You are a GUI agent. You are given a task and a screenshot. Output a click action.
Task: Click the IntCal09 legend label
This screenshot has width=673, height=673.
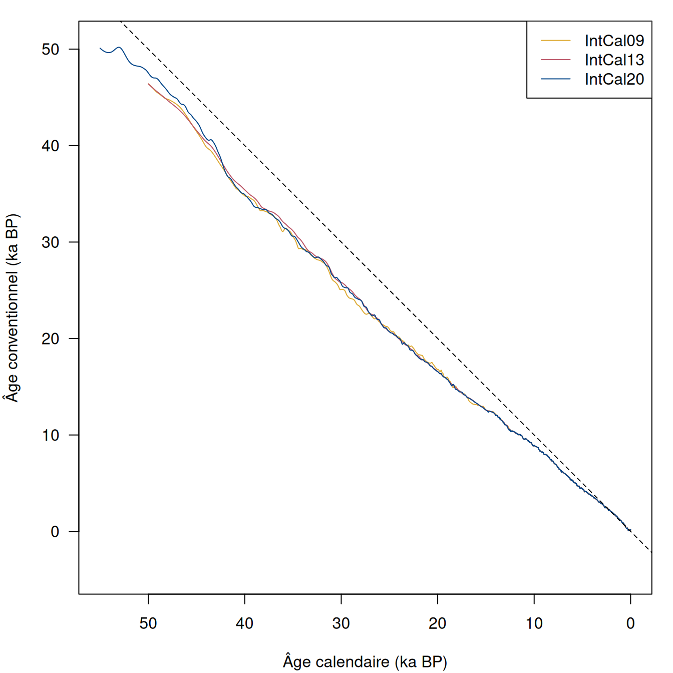coord(614,41)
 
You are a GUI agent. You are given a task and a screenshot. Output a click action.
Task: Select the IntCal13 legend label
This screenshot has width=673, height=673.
coord(614,60)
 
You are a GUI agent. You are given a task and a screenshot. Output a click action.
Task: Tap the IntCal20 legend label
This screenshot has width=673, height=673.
coord(614,79)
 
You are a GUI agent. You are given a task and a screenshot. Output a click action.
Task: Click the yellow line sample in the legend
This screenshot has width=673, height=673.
coord(556,41)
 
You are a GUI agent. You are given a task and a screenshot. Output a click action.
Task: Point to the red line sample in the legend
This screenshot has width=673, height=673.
coord(556,60)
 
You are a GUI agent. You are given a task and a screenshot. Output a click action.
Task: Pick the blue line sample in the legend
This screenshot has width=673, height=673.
coord(556,79)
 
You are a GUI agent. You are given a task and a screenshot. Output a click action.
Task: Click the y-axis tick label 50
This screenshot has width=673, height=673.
coord(51,49)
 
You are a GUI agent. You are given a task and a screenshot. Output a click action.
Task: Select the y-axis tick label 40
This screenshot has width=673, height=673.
coord(51,146)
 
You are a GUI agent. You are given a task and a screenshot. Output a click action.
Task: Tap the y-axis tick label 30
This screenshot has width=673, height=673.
coord(51,242)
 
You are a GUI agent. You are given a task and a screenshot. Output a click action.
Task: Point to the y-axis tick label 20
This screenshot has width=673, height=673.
coord(51,339)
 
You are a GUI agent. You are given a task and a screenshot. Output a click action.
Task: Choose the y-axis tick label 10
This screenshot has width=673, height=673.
coord(51,435)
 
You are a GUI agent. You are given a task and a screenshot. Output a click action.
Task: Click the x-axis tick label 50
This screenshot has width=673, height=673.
coord(148,623)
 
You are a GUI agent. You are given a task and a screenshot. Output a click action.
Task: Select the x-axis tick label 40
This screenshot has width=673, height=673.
coord(245,623)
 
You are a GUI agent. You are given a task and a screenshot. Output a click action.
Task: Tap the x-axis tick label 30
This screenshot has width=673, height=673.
coord(341,623)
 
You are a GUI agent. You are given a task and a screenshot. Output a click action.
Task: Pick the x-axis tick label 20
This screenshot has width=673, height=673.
coord(438,623)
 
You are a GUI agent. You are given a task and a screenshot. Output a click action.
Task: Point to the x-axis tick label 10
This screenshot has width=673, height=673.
coord(534,623)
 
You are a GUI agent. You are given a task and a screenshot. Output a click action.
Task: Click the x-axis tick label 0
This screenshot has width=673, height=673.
coord(630,623)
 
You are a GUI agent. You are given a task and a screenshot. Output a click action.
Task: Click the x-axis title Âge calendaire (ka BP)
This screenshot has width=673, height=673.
coord(365,662)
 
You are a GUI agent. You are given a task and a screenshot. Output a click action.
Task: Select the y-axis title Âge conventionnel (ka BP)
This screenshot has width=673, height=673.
coord(12,308)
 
